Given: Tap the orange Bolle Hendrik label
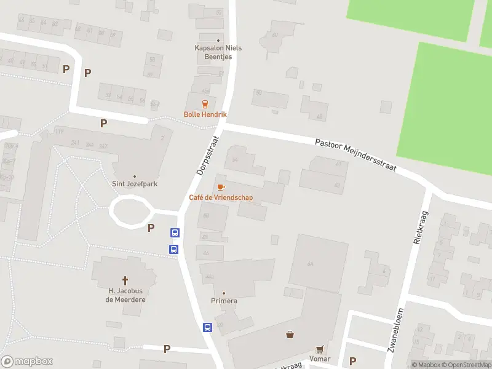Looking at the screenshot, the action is pyautogui.click(x=205, y=114).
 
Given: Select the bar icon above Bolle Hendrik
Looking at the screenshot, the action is pyautogui.click(x=205, y=103).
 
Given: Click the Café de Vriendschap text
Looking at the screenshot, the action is pyautogui.click(x=221, y=197).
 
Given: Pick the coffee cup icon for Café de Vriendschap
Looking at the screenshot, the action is pyautogui.click(x=221, y=186).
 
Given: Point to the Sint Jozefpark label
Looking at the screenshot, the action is pyautogui.click(x=135, y=183).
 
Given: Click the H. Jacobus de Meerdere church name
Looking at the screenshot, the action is pyautogui.click(x=125, y=295).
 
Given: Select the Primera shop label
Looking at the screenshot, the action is pyautogui.click(x=224, y=301).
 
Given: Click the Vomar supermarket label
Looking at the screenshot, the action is pyautogui.click(x=320, y=359).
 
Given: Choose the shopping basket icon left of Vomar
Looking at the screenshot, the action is pyautogui.click(x=290, y=335).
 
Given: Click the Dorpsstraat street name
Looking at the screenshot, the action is pyautogui.click(x=208, y=156).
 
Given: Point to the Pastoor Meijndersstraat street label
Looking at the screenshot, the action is pyautogui.click(x=355, y=154).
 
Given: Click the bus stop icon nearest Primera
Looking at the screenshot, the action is pyautogui.click(x=208, y=327).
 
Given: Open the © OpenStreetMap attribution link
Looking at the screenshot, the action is pyautogui.click(x=468, y=365).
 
